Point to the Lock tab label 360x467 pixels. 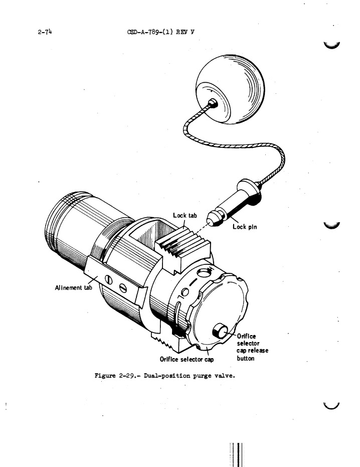185,216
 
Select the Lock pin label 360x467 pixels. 246,227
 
